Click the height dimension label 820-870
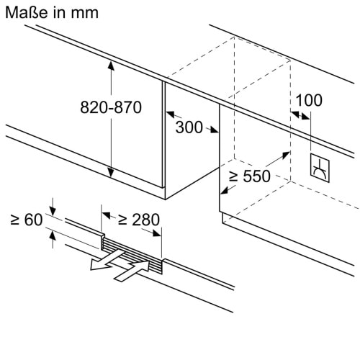(110, 107)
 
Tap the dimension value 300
(189, 127)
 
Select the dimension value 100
(309, 100)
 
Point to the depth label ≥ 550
(250, 177)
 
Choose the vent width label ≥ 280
(135, 218)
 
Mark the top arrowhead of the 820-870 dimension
(111, 66)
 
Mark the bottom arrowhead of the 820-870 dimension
(111, 172)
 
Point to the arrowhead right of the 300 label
(214, 130)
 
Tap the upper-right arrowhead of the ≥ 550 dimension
(285, 155)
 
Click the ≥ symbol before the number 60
(14, 219)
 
